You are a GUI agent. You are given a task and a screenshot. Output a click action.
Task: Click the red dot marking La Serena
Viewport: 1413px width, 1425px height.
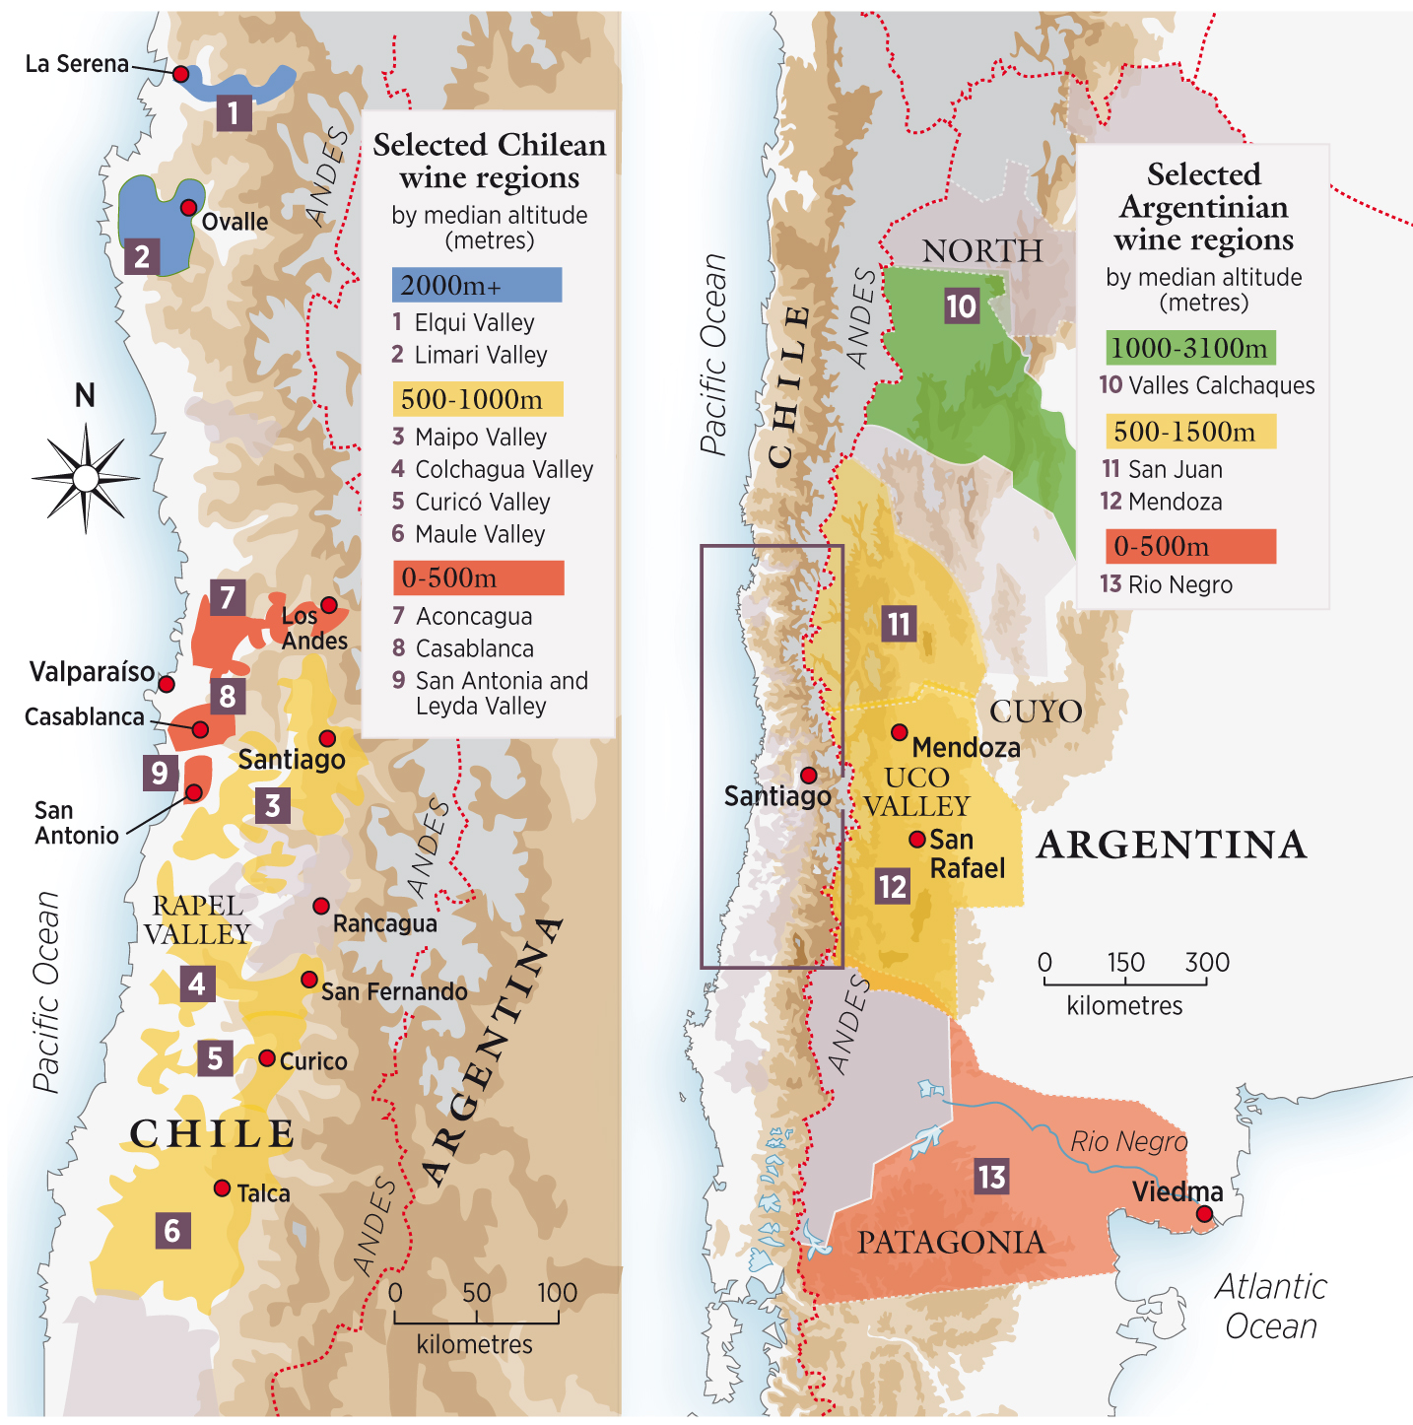point(180,74)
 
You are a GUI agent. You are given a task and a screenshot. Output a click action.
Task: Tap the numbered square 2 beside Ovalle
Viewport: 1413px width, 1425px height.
point(142,257)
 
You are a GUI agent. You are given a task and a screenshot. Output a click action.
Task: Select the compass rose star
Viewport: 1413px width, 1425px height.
point(86,479)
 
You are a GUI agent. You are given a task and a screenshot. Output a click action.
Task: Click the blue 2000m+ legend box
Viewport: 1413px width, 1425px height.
point(477,285)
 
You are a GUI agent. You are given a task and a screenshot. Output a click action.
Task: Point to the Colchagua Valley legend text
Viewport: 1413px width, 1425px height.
point(504,469)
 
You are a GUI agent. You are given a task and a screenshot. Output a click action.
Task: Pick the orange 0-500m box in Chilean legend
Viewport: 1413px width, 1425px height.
point(478,577)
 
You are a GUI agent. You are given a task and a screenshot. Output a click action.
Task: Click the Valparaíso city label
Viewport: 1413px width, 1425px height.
point(92,672)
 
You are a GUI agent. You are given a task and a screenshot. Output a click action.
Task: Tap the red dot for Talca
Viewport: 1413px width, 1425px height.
point(223,1188)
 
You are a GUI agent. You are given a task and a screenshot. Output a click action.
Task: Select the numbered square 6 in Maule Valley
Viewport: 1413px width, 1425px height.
point(172,1231)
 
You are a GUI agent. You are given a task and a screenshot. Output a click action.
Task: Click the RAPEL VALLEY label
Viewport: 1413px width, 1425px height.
point(197,919)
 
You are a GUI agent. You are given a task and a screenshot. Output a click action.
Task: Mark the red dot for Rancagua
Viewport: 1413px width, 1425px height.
point(321,906)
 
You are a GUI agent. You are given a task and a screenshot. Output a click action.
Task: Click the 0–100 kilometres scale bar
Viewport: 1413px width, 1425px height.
point(476,1319)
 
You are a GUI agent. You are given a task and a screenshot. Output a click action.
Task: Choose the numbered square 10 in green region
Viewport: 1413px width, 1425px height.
point(961,306)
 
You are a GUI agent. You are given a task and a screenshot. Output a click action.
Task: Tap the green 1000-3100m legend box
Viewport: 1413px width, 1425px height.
point(1190,348)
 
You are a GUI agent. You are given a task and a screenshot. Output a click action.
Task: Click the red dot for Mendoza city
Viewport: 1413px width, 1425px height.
point(900,732)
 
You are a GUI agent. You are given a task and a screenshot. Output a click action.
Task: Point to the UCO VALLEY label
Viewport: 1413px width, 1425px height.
point(916,792)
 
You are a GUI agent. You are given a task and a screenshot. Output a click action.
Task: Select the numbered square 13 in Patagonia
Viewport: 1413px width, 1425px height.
point(991,1177)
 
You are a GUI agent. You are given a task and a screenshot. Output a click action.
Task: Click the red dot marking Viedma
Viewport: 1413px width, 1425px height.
point(1204,1214)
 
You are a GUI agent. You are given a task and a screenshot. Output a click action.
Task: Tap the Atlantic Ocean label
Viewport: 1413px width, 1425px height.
point(1271,1307)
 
